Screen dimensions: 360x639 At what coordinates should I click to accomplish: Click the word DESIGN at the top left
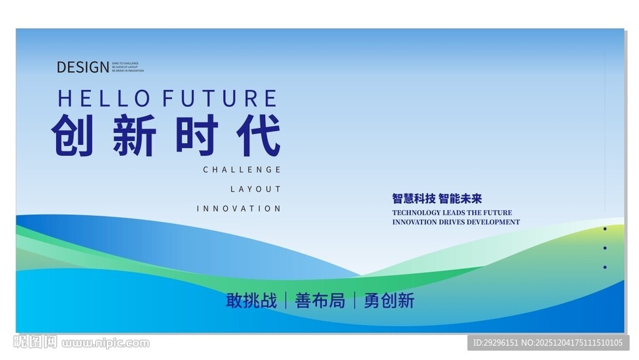tap(82, 67)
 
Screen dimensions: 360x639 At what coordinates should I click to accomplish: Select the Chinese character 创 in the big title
tap(72, 135)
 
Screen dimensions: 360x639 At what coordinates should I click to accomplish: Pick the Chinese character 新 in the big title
tap(134, 135)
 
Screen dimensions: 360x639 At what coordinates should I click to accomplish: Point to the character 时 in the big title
tap(196, 135)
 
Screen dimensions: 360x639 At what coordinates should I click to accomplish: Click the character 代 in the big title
tap(259, 135)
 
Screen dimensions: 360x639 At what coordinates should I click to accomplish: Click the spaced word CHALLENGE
tap(242, 170)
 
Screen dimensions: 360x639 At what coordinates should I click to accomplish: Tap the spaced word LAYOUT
tap(256, 189)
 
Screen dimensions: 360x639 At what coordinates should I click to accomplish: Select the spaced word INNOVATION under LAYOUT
tap(239, 208)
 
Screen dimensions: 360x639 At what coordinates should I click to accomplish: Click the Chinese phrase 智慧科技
tap(414, 199)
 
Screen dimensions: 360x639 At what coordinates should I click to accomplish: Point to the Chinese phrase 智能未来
tap(461, 199)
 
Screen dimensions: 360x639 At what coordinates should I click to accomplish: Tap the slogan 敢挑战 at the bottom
tap(251, 301)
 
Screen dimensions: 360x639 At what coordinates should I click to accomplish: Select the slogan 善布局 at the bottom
tap(319, 301)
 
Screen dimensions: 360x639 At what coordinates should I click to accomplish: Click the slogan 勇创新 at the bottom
tap(389, 301)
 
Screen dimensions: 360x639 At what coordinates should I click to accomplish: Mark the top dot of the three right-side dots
tap(605, 229)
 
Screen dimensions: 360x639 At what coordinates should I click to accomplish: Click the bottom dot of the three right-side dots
tap(605, 267)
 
